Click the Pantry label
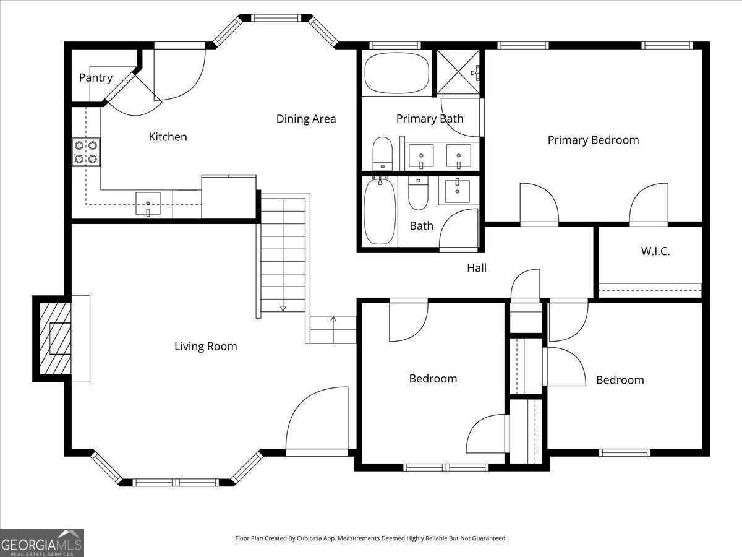[x=96, y=77]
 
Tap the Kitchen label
[x=168, y=137]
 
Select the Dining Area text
[x=306, y=119]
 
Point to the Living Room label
[x=205, y=347]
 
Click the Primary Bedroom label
[x=593, y=140]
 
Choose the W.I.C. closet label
[x=655, y=251]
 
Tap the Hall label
[x=476, y=268]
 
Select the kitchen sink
[x=148, y=204]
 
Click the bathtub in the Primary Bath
[x=396, y=73]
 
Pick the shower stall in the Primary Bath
[x=459, y=72]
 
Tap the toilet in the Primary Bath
[x=383, y=152]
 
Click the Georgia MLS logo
[x=42, y=543]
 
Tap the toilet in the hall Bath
[x=419, y=193]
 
